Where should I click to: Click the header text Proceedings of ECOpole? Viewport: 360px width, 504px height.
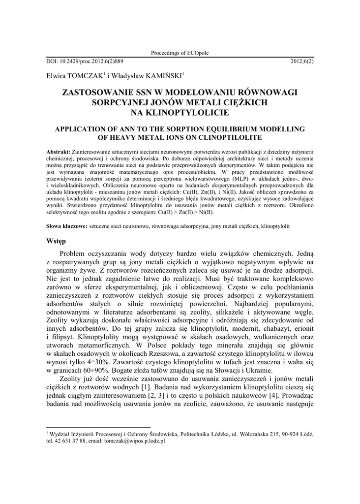pos(180,53)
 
